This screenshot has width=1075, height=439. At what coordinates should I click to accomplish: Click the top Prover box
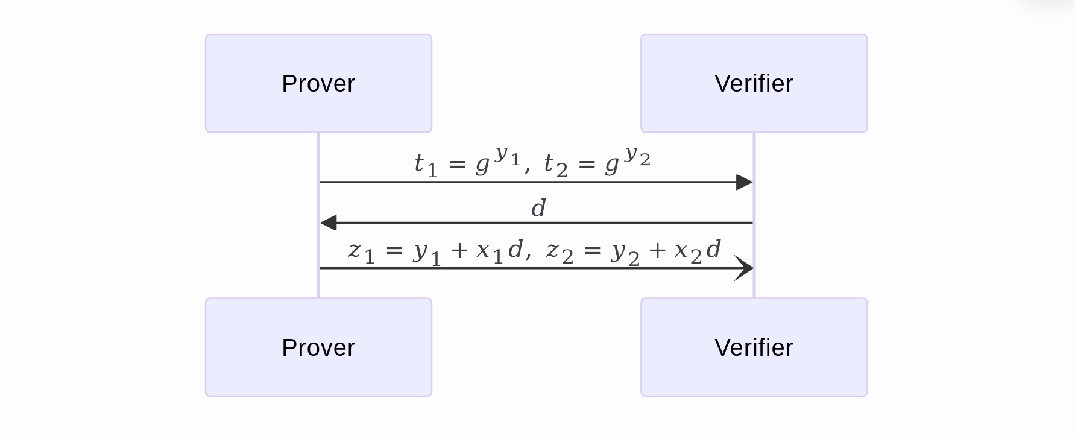pyautogui.click(x=318, y=83)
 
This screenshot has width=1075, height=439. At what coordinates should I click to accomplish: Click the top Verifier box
pyautogui.click(x=754, y=83)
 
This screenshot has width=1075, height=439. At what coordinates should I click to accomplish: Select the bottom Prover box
pyautogui.click(x=318, y=347)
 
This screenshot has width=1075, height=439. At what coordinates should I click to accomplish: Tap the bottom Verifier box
pyautogui.click(x=754, y=347)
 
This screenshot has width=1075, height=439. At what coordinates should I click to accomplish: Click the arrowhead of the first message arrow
pyautogui.click(x=745, y=182)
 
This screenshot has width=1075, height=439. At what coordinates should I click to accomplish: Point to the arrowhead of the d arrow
pyautogui.click(x=329, y=223)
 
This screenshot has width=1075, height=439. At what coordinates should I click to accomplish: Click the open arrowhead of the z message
pyautogui.click(x=745, y=268)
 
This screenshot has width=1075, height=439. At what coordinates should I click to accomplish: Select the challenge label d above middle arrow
pyautogui.click(x=538, y=209)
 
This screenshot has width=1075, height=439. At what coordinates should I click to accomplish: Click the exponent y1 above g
pyautogui.click(x=507, y=156)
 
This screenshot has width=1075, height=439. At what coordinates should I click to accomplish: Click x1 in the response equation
pyautogui.click(x=489, y=252)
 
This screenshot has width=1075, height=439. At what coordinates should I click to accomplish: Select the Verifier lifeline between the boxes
pyautogui.click(x=754, y=241)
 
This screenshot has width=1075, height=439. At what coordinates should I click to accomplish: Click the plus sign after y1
pyautogui.click(x=459, y=250)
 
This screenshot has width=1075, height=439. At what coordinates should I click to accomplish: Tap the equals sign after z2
pyautogui.click(x=592, y=250)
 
